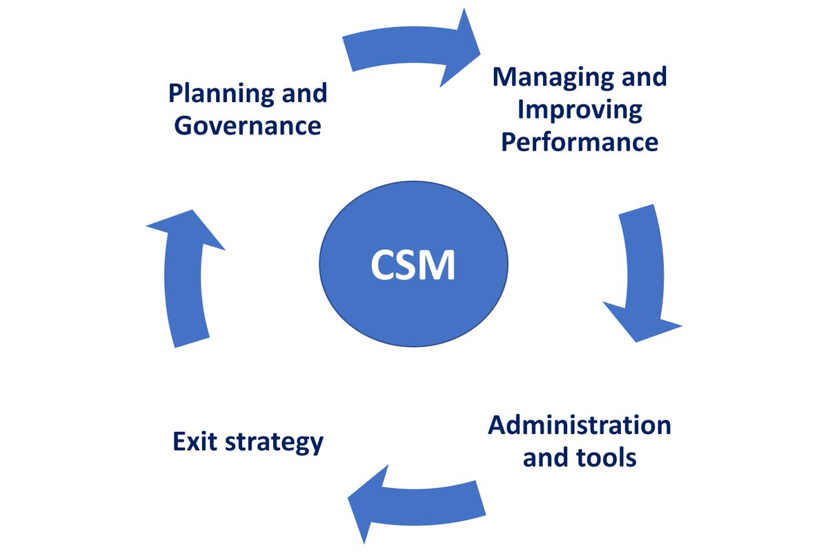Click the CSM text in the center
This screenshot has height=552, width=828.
(413, 265)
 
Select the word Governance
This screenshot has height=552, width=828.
(248, 126)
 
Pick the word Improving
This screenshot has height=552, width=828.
(580, 109)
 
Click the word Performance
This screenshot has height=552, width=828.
(580, 141)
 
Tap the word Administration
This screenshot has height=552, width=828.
(580, 425)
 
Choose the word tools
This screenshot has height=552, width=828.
(608, 457)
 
